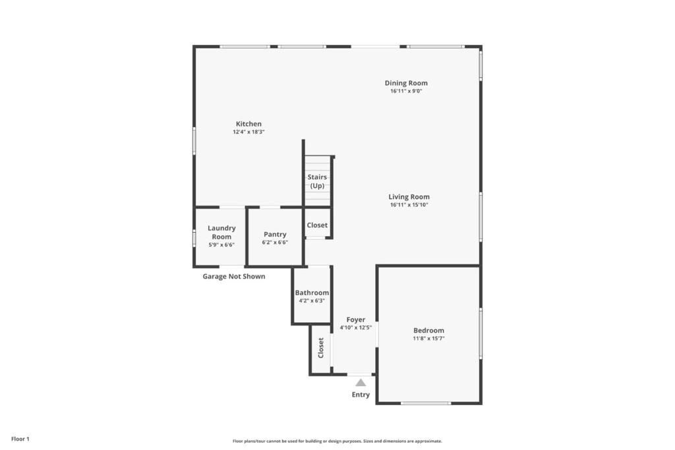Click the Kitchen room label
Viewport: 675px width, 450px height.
pyautogui.click(x=249, y=124)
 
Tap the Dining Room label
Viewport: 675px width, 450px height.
pyautogui.click(x=406, y=84)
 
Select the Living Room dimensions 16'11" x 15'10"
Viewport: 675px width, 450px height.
pyautogui.click(x=409, y=205)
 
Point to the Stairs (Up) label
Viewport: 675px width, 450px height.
pyautogui.click(x=317, y=181)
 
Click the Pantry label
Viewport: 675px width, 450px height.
pyautogui.click(x=275, y=235)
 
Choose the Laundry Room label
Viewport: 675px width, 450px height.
pyautogui.click(x=221, y=233)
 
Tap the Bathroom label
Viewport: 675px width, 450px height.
pyautogui.click(x=312, y=293)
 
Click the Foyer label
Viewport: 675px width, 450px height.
pyautogui.click(x=355, y=320)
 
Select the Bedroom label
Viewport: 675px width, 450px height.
pyautogui.click(x=428, y=330)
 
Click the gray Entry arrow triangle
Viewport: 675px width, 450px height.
pyautogui.click(x=361, y=382)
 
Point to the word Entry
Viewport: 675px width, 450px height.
pyautogui.click(x=361, y=395)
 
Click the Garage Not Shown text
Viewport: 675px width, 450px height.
pyautogui.click(x=234, y=276)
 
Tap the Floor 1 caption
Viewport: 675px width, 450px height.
pyautogui.click(x=20, y=439)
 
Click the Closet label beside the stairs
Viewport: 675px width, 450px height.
pyautogui.click(x=317, y=225)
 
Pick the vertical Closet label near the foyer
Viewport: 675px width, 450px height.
pyautogui.click(x=321, y=348)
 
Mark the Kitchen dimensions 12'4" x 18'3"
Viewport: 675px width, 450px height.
pyautogui.click(x=249, y=132)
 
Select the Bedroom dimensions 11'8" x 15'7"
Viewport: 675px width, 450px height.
pyautogui.click(x=428, y=339)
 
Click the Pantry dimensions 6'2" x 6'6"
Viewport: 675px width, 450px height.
pyautogui.click(x=275, y=242)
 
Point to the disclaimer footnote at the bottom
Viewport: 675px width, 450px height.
pyautogui.click(x=337, y=441)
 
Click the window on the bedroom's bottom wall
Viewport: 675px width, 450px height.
pyautogui.click(x=426, y=403)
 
